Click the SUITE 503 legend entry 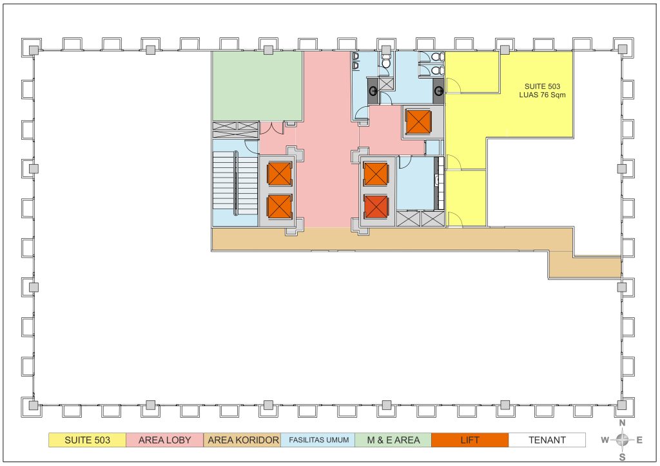(x=87, y=440)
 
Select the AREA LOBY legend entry (x=164, y=440)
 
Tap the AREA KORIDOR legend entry (x=242, y=440)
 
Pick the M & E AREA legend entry (x=393, y=440)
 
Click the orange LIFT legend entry (x=470, y=440)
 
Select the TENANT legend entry (x=547, y=440)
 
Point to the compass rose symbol (x=622, y=440)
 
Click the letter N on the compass (x=623, y=423)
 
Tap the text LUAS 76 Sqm (x=542, y=95)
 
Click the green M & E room (x=257, y=86)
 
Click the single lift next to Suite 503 (x=418, y=122)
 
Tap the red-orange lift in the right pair (x=376, y=207)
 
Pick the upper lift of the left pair (x=279, y=174)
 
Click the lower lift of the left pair (x=279, y=207)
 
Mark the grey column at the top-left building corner (x=34, y=50)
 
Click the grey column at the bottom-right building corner (x=622, y=405)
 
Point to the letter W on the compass (x=605, y=440)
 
